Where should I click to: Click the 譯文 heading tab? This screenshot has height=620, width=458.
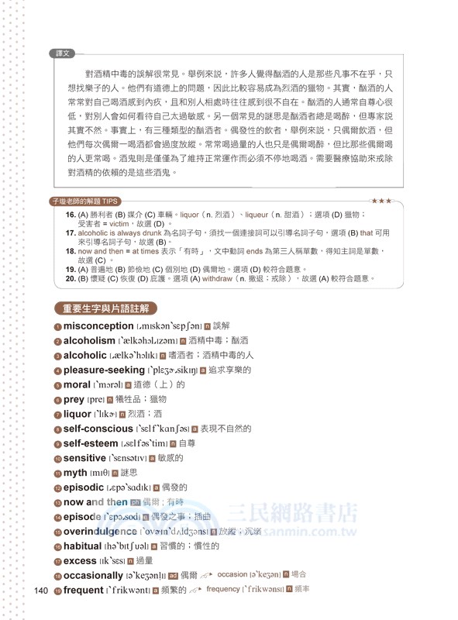[63, 53]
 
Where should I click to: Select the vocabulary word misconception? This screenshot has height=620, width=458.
[98, 326]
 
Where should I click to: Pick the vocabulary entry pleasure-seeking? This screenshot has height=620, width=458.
[104, 370]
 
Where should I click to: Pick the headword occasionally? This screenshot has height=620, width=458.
[93, 575]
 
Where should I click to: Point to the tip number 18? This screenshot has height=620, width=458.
[70, 251]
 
